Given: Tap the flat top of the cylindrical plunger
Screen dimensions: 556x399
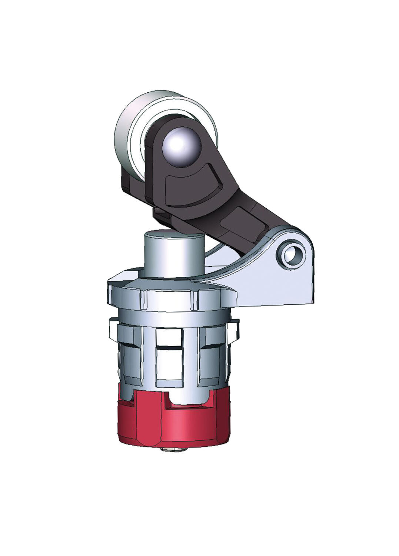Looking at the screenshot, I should click(173, 234).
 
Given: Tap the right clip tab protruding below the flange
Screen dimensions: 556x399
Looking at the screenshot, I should click(234, 328).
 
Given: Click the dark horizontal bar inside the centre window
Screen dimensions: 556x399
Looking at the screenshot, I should click(169, 348).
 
